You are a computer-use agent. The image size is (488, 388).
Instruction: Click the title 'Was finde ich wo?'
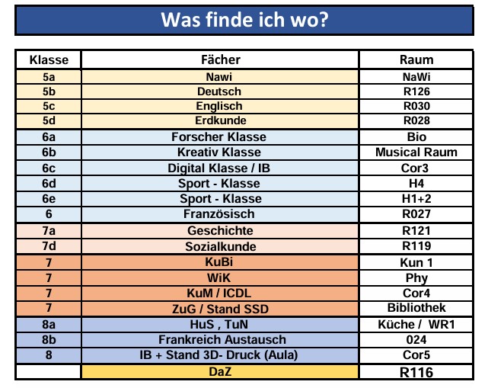pos(244,19)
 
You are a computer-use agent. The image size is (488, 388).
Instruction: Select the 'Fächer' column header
pos(220,59)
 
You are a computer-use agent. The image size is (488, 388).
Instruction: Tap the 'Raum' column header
pos(416,59)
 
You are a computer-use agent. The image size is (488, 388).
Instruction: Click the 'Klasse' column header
pos(49,59)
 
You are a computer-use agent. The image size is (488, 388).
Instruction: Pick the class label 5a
pos(49,77)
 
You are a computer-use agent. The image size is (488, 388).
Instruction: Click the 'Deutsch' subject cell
pos(219,91)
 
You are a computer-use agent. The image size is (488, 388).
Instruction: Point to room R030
pos(416,106)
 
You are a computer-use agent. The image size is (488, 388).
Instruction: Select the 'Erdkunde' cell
pos(219,120)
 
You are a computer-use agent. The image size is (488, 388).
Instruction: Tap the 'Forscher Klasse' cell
pos(219,137)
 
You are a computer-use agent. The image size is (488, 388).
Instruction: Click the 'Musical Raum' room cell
pos(416,152)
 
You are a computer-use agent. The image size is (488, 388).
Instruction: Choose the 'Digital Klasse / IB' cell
pos(219,168)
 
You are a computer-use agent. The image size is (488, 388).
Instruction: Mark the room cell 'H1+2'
pos(416,198)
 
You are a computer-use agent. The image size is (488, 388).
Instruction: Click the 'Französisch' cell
pos(219,213)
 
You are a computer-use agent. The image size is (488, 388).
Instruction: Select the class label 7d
pos(49,246)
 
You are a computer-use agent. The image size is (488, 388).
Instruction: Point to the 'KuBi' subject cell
pos(219,262)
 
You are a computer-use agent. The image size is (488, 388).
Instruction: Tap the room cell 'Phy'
pos(416,277)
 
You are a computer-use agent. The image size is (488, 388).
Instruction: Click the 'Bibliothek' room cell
pos(416,308)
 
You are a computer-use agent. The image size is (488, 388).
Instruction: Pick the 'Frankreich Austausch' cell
pos(219,339)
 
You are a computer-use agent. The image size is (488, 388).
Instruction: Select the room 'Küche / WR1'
pos(416,324)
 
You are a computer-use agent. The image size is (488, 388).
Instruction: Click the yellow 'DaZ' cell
pos(219,372)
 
